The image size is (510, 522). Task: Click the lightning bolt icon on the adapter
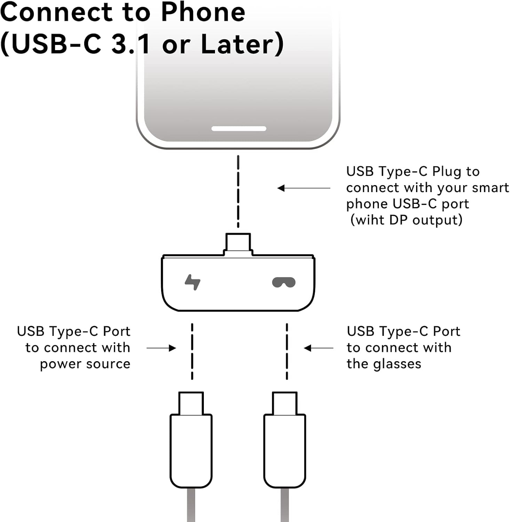coord(192,282)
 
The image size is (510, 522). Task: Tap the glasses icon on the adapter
coord(284,282)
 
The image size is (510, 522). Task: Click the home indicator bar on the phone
coord(239,129)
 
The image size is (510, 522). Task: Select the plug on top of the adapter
coord(238,242)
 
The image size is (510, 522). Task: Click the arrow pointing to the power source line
coord(161,348)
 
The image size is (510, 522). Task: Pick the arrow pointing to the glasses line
coord(318,348)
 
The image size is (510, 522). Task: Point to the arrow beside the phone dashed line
coord(303,188)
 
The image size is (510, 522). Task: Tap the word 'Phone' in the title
coord(203,13)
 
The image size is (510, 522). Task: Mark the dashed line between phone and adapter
coord(238,191)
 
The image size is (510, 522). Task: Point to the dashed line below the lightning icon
coord(192,351)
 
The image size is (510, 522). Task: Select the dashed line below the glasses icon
coord(287,351)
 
